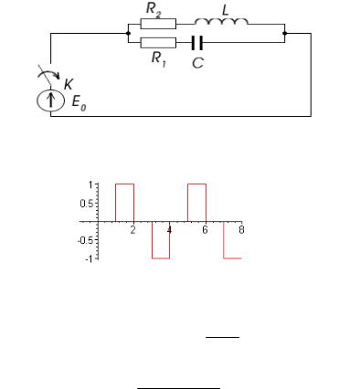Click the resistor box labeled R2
coord(158,24)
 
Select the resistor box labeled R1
coord(158,43)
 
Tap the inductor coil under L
coord(221,22)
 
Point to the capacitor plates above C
coord(197,43)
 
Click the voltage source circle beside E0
coord(51,100)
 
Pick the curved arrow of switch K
coord(48,73)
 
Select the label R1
coord(159,58)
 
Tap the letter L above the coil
coord(225,10)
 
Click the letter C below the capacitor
coord(197,63)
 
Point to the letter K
coord(69,84)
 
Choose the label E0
coord(79,102)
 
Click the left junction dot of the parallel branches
coord(128,33)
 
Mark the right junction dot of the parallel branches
coord(285,33)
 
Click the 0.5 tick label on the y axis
coord(88,204)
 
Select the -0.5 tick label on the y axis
coord(86,240)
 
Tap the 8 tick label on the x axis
coord(241,230)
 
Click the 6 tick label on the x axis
coord(205,230)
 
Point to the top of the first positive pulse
coord(124,184)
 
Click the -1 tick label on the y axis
coord(90,258)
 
